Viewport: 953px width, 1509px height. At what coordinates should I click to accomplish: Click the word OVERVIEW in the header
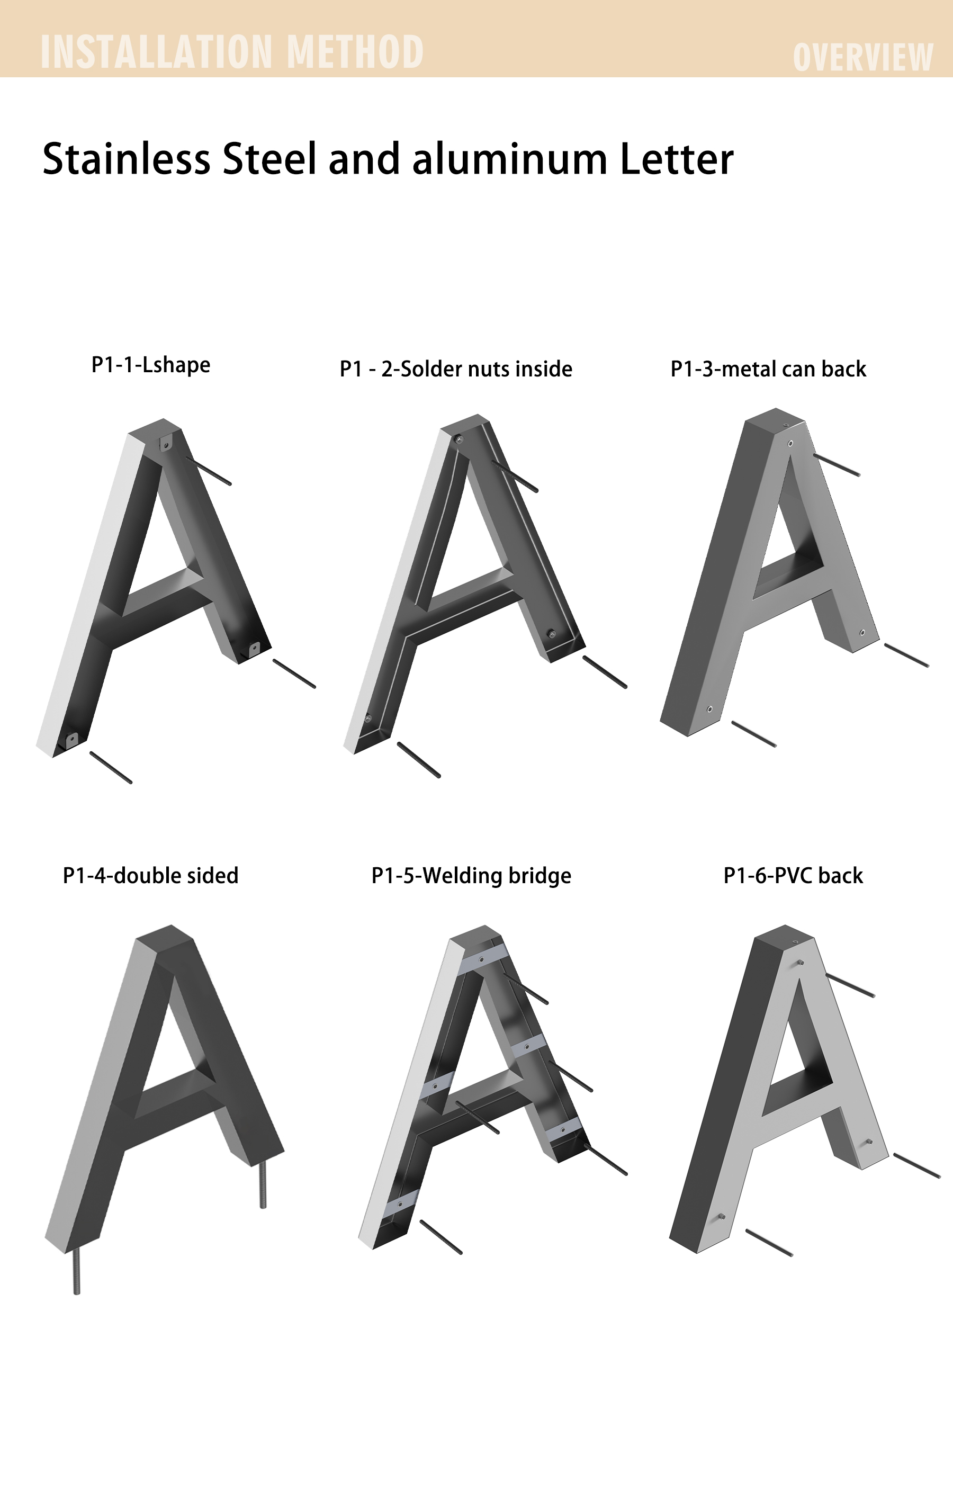pyautogui.click(x=863, y=57)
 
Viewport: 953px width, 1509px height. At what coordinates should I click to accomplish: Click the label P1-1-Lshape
pyautogui.click(x=151, y=365)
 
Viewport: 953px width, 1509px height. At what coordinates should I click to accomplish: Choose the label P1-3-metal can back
pyautogui.click(x=769, y=369)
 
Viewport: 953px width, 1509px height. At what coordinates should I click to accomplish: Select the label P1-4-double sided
pyautogui.click(x=151, y=875)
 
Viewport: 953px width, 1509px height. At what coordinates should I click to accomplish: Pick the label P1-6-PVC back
pyautogui.click(x=793, y=875)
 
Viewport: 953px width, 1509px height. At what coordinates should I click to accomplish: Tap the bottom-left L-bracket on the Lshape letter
pyautogui.click(x=71, y=740)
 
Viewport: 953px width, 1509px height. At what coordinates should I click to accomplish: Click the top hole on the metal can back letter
pyautogui.click(x=790, y=444)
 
